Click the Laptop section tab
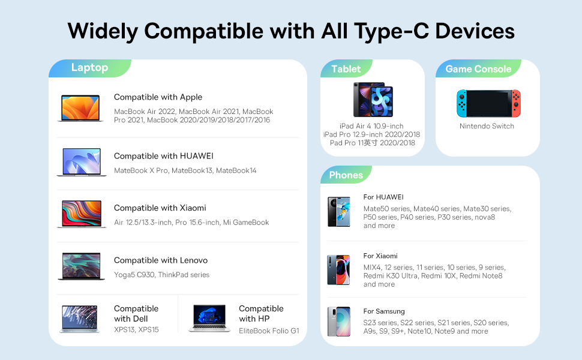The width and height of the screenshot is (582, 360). [90, 68]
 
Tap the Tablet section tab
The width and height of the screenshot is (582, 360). [346, 68]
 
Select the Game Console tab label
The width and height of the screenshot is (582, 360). [478, 68]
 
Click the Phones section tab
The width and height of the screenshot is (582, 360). [346, 175]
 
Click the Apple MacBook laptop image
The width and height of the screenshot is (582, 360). [80, 108]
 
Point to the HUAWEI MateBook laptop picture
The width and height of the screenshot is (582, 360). [82, 162]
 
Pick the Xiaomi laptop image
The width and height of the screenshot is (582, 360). [82, 214]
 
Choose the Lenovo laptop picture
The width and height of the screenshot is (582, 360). [81, 266]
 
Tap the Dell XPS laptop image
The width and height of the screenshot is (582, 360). [79, 319]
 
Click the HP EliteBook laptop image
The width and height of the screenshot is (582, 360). [209, 318]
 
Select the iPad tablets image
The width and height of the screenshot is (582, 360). [373, 100]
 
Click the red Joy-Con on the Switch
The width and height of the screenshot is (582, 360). [516, 103]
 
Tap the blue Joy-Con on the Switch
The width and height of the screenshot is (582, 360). [461, 103]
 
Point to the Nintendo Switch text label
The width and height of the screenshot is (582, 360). [487, 126]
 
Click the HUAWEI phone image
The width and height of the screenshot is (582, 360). [339, 212]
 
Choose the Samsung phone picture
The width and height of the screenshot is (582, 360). [339, 322]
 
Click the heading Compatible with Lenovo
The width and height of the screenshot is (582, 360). [161, 260]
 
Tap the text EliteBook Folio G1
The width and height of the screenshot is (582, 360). [269, 331]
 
